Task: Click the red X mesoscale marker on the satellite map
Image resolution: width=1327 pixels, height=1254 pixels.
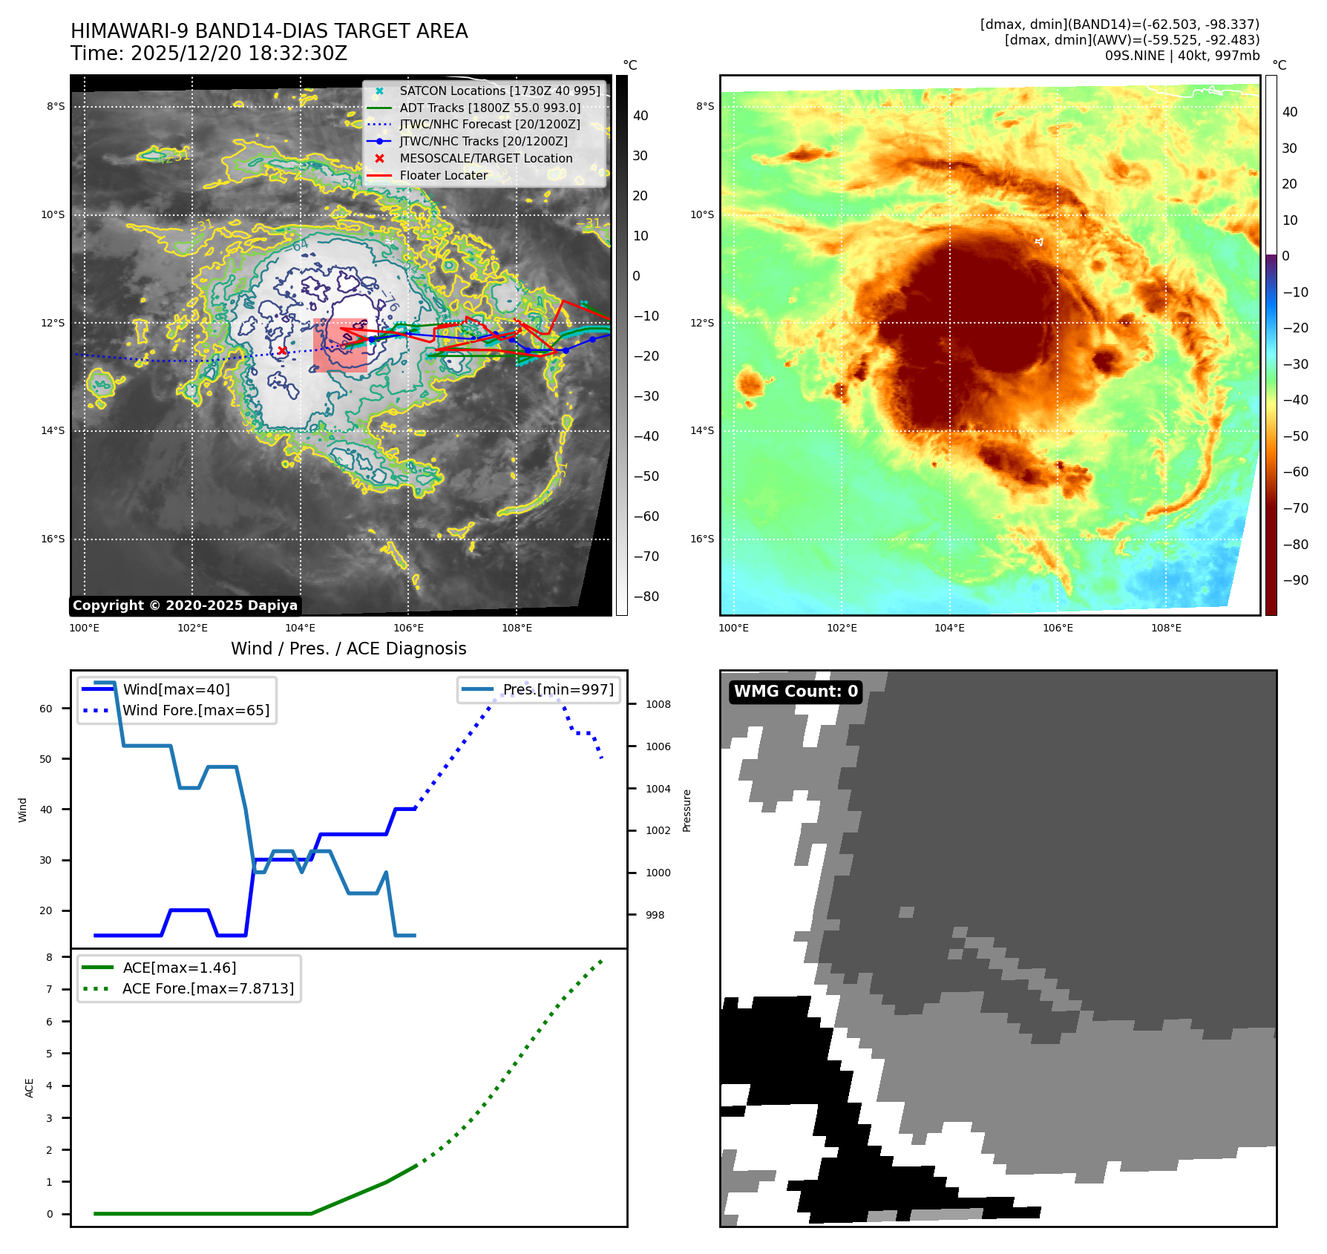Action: coord(282,350)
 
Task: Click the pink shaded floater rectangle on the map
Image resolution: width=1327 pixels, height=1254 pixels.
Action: coord(340,345)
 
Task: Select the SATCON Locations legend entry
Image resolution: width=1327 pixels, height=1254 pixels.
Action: coord(499,91)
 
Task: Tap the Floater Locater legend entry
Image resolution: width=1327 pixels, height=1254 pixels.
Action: coord(443,176)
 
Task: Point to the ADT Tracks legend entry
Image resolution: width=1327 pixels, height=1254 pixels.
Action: coord(490,108)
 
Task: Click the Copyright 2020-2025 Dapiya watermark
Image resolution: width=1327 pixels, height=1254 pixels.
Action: coord(185,605)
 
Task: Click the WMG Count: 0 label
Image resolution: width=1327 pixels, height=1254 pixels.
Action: coord(796,692)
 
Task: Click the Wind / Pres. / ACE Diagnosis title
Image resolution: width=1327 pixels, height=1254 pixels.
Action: coord(349,649)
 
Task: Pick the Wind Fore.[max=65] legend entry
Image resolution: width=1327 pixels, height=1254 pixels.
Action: coord(196,710)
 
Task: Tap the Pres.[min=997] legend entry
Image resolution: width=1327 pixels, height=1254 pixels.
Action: coord(558,689)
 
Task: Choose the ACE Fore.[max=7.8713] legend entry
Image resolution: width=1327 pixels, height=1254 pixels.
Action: coord(208,988)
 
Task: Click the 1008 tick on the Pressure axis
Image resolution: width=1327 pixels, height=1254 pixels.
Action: coord(658,704)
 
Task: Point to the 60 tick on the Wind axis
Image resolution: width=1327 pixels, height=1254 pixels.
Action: coord(46,709)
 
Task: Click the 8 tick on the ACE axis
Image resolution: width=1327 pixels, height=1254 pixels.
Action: coord(50,957)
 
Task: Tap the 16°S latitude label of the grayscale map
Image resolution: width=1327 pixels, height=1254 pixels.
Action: coord(53,539)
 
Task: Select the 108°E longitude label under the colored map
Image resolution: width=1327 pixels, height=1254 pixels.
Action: coord(1166,628)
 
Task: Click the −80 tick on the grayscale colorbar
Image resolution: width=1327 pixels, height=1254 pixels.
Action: coord(646,597)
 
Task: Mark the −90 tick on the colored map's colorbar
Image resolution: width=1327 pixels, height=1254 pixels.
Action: coord(1295,580)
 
